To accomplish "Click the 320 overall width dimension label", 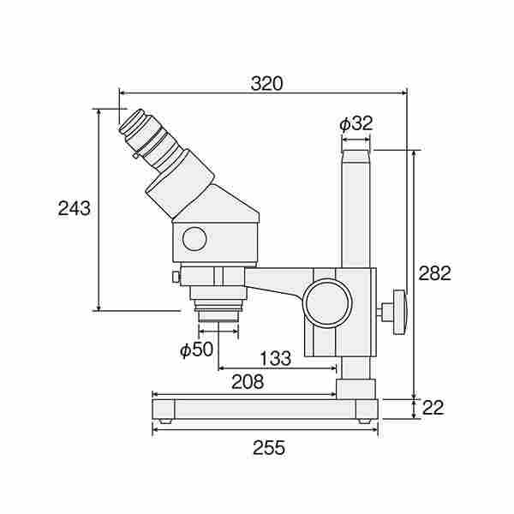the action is point(266,84).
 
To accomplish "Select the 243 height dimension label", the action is point(74,208).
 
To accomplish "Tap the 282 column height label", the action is point(434,273).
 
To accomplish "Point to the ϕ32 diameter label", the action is point(356,123).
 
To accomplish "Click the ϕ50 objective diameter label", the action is point(197,350).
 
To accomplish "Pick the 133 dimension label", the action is point(275,358).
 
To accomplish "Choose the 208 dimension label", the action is point(248,382).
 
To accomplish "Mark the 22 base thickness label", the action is point(433,408).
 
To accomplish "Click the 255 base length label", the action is point(269,448).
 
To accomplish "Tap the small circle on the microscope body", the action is point(194,239).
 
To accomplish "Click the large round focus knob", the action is point(327,303).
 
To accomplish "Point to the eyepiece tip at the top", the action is point(132,122).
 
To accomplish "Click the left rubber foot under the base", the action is point(165,421).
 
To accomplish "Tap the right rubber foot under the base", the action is point(365,421).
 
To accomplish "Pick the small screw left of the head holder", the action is point(176,277).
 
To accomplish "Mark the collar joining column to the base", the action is point(356,389).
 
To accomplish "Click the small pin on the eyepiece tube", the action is point(135,156).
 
